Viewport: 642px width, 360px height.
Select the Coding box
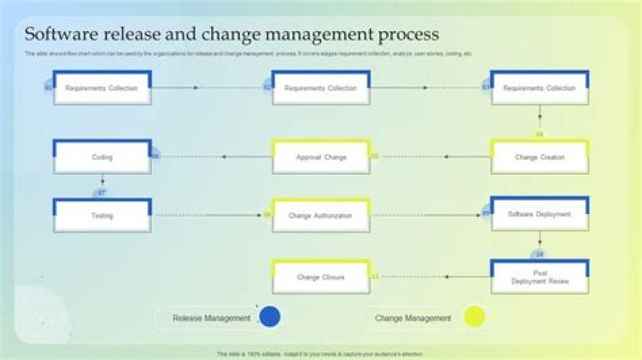pyautogui.click(x=102, y=157)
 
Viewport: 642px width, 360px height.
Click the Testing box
pyautogui.click(x=102, y=216)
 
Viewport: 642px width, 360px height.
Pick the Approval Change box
pyautogui.click(x=321, y=157)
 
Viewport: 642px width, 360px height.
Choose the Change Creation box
pyautogui.click(x=539, y=157)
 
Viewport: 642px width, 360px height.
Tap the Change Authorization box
pyautogui.click(x=321, y=216)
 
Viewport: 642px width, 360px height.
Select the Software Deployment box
pyautogui.click(x=539, y=215)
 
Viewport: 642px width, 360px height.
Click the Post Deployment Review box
pyautogui.click(x=539, y=276)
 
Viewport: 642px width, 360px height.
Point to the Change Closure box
pyautogui.click(x=321, y=277)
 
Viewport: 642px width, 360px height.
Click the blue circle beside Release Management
pyautogui.click(x=268, y=317)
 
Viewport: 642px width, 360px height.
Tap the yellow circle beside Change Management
pyautogui.click(x=474, y=317)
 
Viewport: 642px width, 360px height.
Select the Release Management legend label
pyautogui.click(x=211, y=318)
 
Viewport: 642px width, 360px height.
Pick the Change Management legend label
pyautogui.click(x=413, y=318)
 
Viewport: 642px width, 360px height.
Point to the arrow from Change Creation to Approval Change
pyautogui.click(x=432, y=157)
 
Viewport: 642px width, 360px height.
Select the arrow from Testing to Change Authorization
pyautogui.click(x=210, y=215)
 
